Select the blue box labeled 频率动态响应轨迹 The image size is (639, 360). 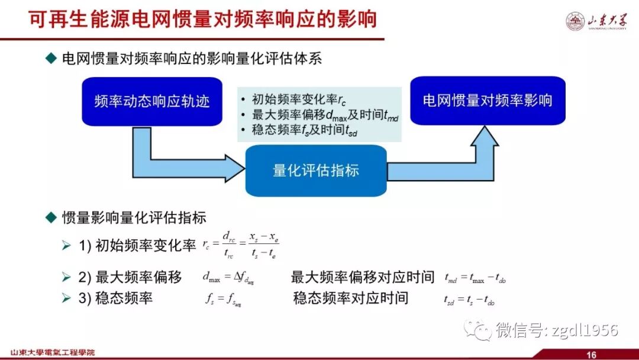point(152,101)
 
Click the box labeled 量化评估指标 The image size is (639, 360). point(316,171)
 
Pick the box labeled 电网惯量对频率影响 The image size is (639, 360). point(487,100)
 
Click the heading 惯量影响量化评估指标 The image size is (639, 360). point(134,217)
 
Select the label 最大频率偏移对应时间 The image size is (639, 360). point(363,277)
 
